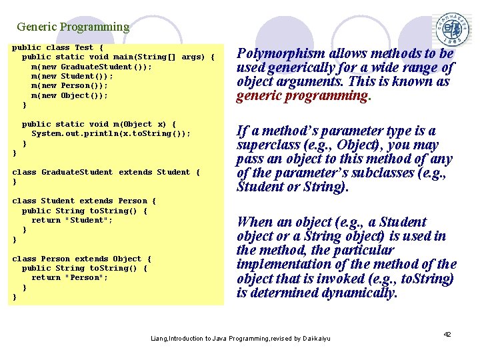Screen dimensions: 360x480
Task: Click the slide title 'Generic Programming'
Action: (x=73, y=27)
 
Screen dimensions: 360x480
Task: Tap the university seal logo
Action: (x=453, y=29)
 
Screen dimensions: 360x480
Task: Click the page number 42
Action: (x=447, y=334)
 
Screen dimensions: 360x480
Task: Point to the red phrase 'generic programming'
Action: (x=302, y=96)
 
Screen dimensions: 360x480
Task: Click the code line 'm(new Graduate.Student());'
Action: (x=91, y=67)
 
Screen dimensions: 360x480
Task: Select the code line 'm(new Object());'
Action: (x=69, y=95)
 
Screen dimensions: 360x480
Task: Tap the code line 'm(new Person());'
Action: (x=69, y=86)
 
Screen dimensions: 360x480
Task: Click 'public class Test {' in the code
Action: (x=58, y=47)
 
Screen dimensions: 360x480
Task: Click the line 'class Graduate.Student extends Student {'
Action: (x=106, y=172)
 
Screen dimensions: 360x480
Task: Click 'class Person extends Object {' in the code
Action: (x=82, y=259)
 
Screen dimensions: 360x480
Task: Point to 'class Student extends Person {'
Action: (x=84, y=201)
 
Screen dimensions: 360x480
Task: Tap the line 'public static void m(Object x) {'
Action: (x=99, y=124)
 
